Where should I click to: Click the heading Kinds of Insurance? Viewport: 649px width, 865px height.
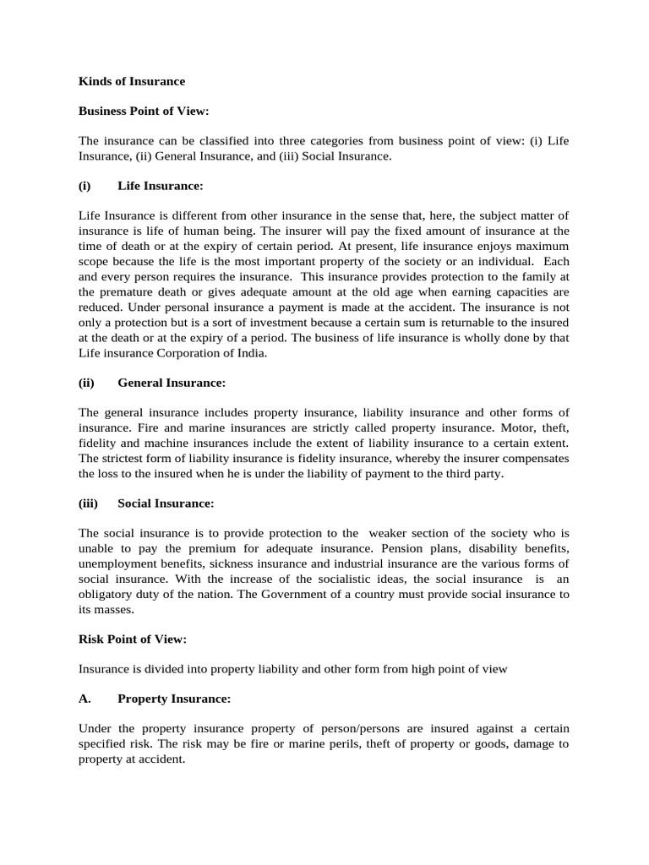click(x=131, y=82)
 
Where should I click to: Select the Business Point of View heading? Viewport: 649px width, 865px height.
click(x=143, y=112)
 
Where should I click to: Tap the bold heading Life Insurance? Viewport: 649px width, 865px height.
click(x=161, y=185)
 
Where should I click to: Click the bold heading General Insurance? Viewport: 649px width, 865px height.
click(x=172, y=383)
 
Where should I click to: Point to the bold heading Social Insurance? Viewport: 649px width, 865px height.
click(x=166, y=503)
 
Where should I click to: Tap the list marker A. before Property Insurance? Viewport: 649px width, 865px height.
click(x=85, y=699)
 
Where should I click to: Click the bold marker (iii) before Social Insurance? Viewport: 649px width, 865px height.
click(x=89, y=503)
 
